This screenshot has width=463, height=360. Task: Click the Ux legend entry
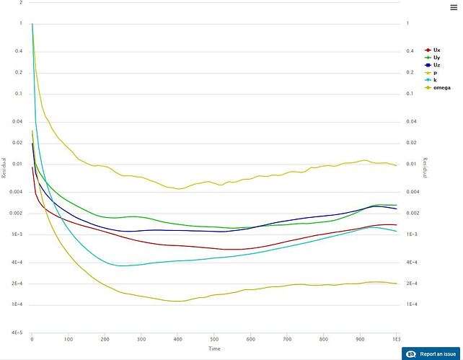tap(436, 50)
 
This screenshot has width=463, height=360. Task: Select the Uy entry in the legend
tap(436, 57)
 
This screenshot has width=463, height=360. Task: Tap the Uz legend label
tap(436, 65)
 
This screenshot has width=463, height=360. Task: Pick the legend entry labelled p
tap(435, 72)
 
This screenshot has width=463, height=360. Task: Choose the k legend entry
tap(435, 79)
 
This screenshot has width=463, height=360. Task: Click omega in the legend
tap(441, 87)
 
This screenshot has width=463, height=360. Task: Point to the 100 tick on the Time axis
tap(69, 339)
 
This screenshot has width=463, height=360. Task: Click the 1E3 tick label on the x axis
tap(396, 339)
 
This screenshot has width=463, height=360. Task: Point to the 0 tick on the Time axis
tap(32, 339)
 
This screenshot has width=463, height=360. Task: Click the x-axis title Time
tap(214, 348)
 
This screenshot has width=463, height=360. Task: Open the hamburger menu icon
tap(453, 7)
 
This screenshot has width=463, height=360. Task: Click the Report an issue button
tap(438, 354)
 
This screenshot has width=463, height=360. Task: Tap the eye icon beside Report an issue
tap(412, 354)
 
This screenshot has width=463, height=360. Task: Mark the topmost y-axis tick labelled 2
tap(21, 3)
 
